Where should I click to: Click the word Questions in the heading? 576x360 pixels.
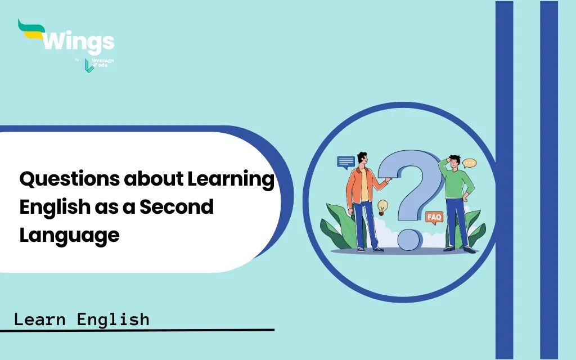coord(70,179)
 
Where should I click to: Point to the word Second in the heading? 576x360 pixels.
coord(176,207)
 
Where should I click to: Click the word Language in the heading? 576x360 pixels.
coord(69,236)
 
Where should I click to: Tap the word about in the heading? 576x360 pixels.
coord(154,179)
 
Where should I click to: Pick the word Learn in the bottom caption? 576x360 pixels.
coord(40,319)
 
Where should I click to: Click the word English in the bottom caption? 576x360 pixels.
coord(113,319)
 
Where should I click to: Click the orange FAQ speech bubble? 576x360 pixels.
coord(434,218)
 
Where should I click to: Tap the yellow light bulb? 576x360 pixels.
coord(382,207)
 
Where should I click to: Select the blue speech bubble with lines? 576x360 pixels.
coord(346,162)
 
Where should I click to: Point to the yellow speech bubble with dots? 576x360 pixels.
coord(469,163)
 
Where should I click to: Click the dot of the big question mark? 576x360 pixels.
coord(409,239)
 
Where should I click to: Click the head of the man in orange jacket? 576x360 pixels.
coord(362,159)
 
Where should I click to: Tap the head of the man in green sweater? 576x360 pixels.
coord(454,162)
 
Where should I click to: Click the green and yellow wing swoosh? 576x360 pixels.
coord(31,29)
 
